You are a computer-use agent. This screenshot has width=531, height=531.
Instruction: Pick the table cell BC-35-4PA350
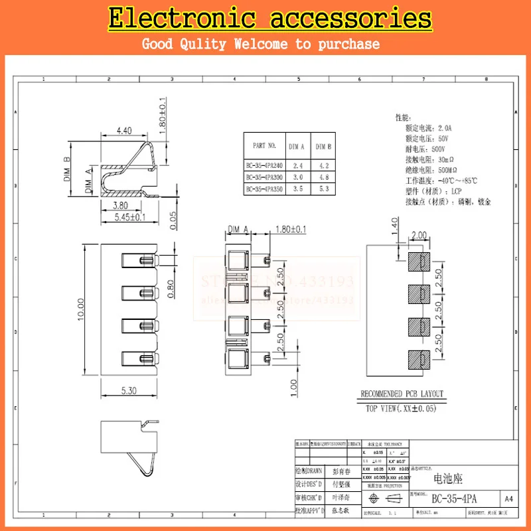point(264,189)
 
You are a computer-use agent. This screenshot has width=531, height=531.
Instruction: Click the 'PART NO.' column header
point(264,145)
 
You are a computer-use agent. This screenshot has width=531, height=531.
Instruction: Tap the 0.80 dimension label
point(171,290)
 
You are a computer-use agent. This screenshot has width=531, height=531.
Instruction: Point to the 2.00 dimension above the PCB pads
point(419,236)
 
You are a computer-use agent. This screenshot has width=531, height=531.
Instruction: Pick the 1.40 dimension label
point(394,232)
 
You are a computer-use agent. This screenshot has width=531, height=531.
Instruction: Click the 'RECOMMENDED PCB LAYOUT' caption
point(402,394)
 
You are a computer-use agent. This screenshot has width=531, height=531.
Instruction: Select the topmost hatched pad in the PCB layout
point(417,261)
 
